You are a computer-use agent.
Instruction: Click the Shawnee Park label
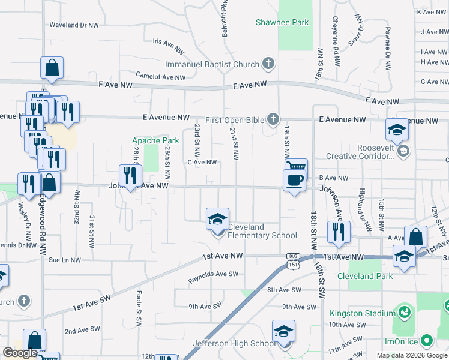click(x=282, y=23)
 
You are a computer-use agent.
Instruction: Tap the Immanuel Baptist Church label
click(x=212, y=64)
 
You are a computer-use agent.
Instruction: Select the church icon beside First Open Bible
click(x=273, y=119)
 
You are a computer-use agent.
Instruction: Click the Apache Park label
click(x=147, y=141)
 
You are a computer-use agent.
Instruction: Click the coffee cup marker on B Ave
click(x=294, y=180)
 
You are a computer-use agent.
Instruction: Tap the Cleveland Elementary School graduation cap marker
click(x=217, y=219)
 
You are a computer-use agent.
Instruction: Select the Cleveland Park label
click(x=365, y=276)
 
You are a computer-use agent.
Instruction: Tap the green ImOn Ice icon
click(x=427, y=341)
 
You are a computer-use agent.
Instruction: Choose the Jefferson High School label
click(x=234, y=344)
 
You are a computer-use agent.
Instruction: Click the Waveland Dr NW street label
click(x=74, y=25)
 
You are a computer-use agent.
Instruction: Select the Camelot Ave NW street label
click(x=161, y=77)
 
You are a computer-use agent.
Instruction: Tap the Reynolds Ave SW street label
click(x=213, y=277)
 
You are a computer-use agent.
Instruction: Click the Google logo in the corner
click(x=20, y=353)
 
